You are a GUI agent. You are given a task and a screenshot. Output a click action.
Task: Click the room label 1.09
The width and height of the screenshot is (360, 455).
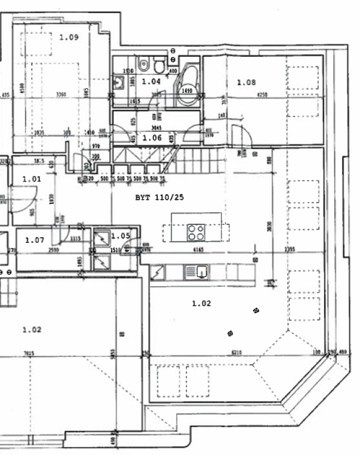click(69, 37)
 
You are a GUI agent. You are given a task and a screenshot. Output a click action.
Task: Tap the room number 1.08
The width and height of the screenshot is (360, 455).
click(246, 82)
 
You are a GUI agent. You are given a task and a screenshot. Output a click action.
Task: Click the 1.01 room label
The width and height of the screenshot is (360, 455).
click(31, 179)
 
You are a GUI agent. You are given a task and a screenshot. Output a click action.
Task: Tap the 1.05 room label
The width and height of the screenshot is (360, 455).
click(121, 236)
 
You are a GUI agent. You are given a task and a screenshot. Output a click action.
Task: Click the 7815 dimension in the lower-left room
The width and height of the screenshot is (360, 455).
click(28, 354)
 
